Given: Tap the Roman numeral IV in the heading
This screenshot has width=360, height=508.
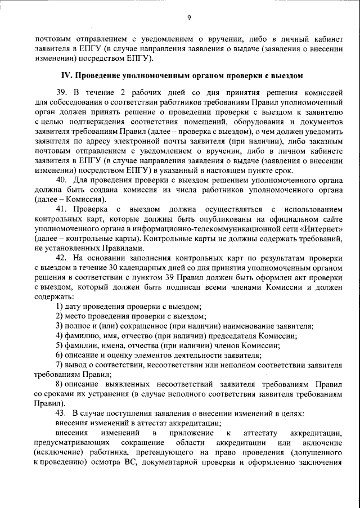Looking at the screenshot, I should pos(66,74).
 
